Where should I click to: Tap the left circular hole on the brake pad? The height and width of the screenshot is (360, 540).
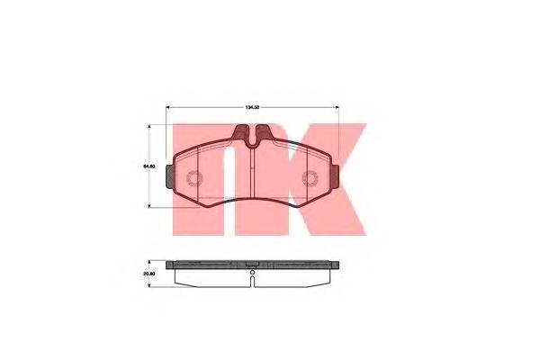click(x=195, y=178)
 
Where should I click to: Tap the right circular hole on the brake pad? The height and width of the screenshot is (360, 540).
click(x=310, y=178)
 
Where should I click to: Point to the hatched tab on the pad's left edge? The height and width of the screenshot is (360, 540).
click(x=171, y=177)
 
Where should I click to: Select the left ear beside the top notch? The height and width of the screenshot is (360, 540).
click(x=241, y=135)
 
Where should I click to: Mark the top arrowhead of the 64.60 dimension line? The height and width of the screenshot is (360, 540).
click(x=149, y=128)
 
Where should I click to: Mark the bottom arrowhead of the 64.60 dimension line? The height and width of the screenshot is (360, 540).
click(x=149, y=206)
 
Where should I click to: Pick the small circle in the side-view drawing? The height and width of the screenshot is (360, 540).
click(x=253, y=273)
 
